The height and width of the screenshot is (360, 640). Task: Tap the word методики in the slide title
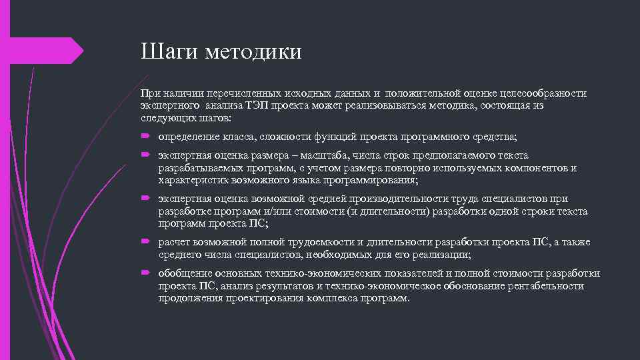tap(253, 51)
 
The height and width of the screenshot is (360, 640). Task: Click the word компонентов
tap(531, 168)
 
